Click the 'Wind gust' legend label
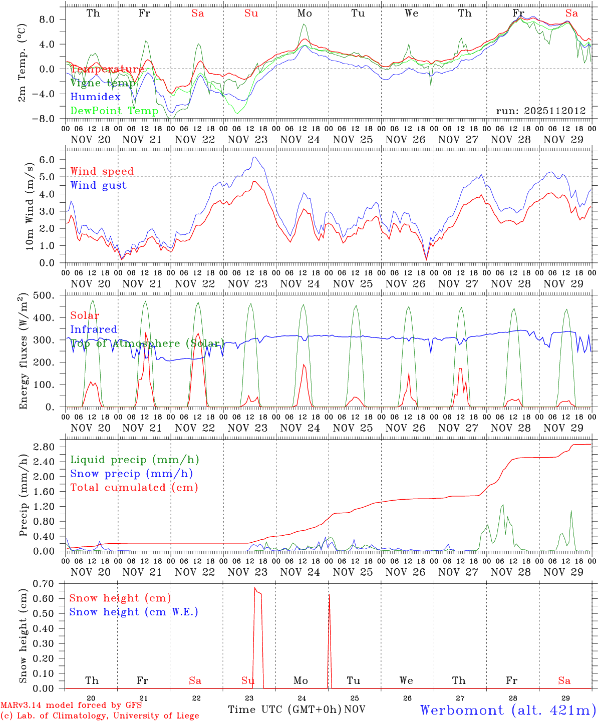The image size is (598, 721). click(98, 185)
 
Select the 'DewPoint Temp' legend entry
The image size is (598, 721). click(114, 111)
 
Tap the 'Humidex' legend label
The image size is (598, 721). click(95, 97)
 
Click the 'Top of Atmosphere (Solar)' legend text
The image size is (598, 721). click(147, 343)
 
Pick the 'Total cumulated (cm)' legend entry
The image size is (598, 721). click(134, 487)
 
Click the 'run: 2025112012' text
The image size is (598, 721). click(540, 111)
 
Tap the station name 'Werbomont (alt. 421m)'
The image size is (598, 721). click(508, 710)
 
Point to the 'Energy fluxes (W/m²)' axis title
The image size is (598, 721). click(23, 352)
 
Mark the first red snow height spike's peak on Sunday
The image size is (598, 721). click(255, 588)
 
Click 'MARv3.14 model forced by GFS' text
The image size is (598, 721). click(71, 705)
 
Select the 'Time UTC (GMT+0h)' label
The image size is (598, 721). click(284, 709)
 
